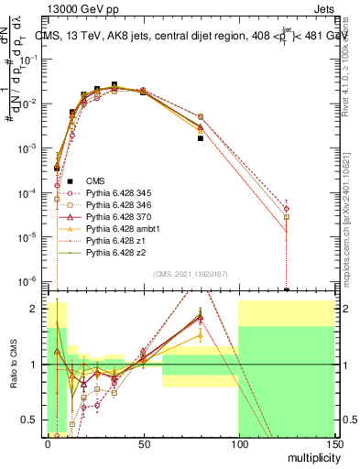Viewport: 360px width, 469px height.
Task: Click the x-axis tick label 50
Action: click(x=143, y=442)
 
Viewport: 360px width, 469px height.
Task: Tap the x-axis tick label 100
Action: click(x=238, y=442)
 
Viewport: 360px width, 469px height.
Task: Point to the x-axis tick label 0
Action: click(x=48, y=442)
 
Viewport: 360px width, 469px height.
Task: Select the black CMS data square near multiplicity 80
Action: click(x=200, y=138)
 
